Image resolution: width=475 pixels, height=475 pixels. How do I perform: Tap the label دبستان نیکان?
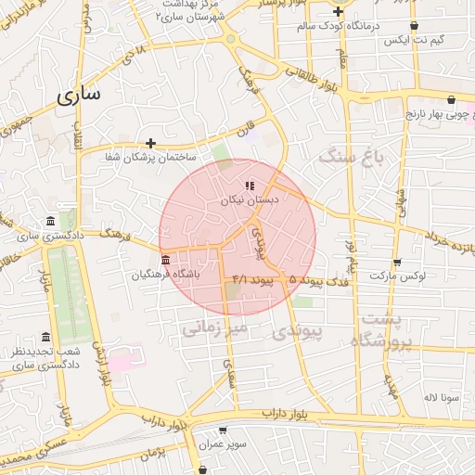248,199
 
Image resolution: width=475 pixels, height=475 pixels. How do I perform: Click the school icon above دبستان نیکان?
249,185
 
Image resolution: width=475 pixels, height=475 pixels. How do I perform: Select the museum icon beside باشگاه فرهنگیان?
165,260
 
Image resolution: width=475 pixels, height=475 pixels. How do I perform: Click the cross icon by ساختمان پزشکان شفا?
150,143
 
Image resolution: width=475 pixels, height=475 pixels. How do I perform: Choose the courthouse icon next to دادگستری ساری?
49,221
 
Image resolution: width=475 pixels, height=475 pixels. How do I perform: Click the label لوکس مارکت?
397,276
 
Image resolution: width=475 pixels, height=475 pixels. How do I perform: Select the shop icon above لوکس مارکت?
397,263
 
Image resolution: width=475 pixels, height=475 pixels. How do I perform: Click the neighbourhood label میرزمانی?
214,327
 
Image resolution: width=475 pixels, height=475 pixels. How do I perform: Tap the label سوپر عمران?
222,444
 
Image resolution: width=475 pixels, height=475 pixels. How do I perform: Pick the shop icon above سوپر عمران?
223,430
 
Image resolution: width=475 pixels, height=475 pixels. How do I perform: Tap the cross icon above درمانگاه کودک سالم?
339,11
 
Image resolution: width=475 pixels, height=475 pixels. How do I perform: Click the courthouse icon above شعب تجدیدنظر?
45,338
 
